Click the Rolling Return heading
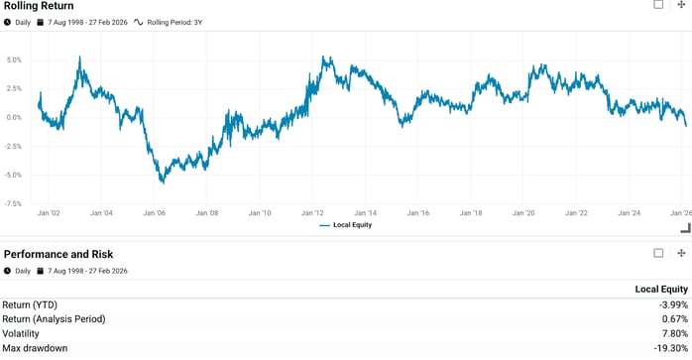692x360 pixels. pos(39,6)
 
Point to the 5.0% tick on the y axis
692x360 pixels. pos(14,60)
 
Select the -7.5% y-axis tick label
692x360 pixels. pos(12,203)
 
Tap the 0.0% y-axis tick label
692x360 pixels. pos(14,117)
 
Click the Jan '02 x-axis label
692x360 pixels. pos(50,213)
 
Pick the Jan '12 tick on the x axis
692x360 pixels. pos(312,213)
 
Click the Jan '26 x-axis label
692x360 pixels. pos(680,213)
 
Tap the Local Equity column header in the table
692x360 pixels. pos(661,289)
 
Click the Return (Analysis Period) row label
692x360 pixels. pos(54,319)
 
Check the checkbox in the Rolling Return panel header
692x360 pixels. pos(658,5)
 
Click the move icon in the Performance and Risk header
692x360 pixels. pos(681,254)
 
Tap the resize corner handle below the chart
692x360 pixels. pos(684,228)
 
